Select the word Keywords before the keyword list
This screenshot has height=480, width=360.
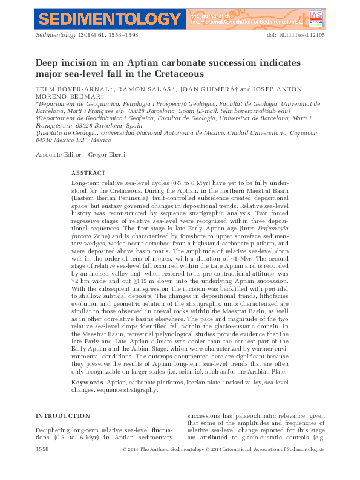click(x=87, y=383)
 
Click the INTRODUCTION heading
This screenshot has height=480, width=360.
click(x=63, y=416)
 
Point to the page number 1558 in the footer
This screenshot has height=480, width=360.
click(x=42, y=449)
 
